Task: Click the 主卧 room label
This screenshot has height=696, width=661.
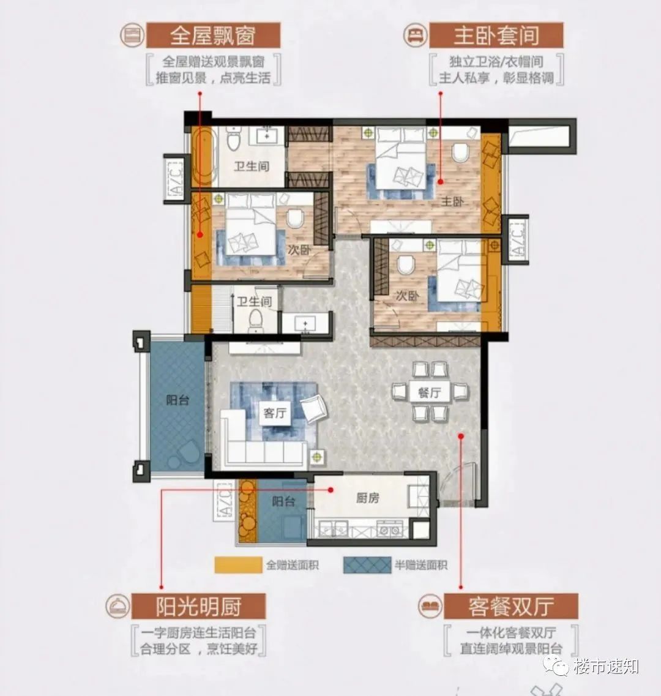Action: click(452, 202)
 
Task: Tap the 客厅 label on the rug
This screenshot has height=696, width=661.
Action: click(275, 413)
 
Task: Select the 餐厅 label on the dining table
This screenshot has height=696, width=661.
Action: click(429, 392)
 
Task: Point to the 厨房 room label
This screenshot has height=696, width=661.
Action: click(368, 498)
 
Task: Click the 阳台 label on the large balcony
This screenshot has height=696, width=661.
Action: click(177, 400)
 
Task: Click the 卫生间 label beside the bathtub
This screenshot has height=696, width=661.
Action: click(252, 166)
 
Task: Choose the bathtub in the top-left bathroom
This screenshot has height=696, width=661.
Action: click(204, 157)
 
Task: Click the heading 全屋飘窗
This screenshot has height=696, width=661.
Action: click(212, 36)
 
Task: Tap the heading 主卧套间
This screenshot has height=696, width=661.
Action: click(496, 36)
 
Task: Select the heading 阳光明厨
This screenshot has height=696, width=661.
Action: click(198, 607)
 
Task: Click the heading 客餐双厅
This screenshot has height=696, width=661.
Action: click(511, 607)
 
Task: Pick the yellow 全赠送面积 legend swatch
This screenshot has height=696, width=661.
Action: click(238, 565)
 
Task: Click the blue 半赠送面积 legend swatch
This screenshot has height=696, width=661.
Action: click(367, 565)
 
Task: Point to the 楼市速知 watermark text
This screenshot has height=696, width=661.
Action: click(605, 667)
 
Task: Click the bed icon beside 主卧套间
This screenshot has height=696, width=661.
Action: click(416, 35)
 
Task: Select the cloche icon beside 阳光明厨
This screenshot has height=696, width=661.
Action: click(118, 605)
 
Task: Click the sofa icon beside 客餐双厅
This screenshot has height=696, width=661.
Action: click(430, 605)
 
